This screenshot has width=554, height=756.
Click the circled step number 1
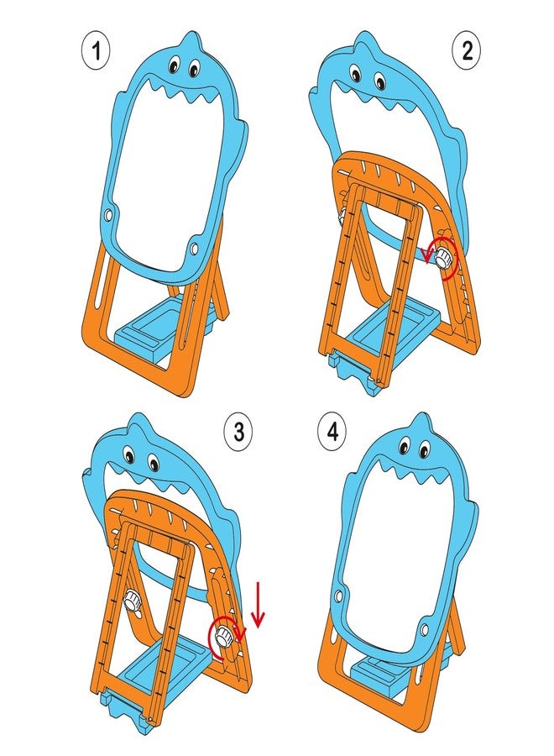96,50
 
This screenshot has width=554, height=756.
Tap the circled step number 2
467,50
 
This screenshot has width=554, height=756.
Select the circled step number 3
239,432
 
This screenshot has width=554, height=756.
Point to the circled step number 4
333,432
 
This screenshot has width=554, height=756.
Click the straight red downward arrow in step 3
259,605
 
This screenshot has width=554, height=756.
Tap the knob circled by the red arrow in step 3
223,637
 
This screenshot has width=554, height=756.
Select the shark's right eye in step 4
423,451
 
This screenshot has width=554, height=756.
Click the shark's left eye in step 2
356,73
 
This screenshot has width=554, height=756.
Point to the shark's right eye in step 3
154,464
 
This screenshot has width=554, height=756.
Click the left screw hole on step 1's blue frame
110,213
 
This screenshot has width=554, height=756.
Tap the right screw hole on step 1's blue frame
194,249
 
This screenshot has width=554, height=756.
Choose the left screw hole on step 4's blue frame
339,596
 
